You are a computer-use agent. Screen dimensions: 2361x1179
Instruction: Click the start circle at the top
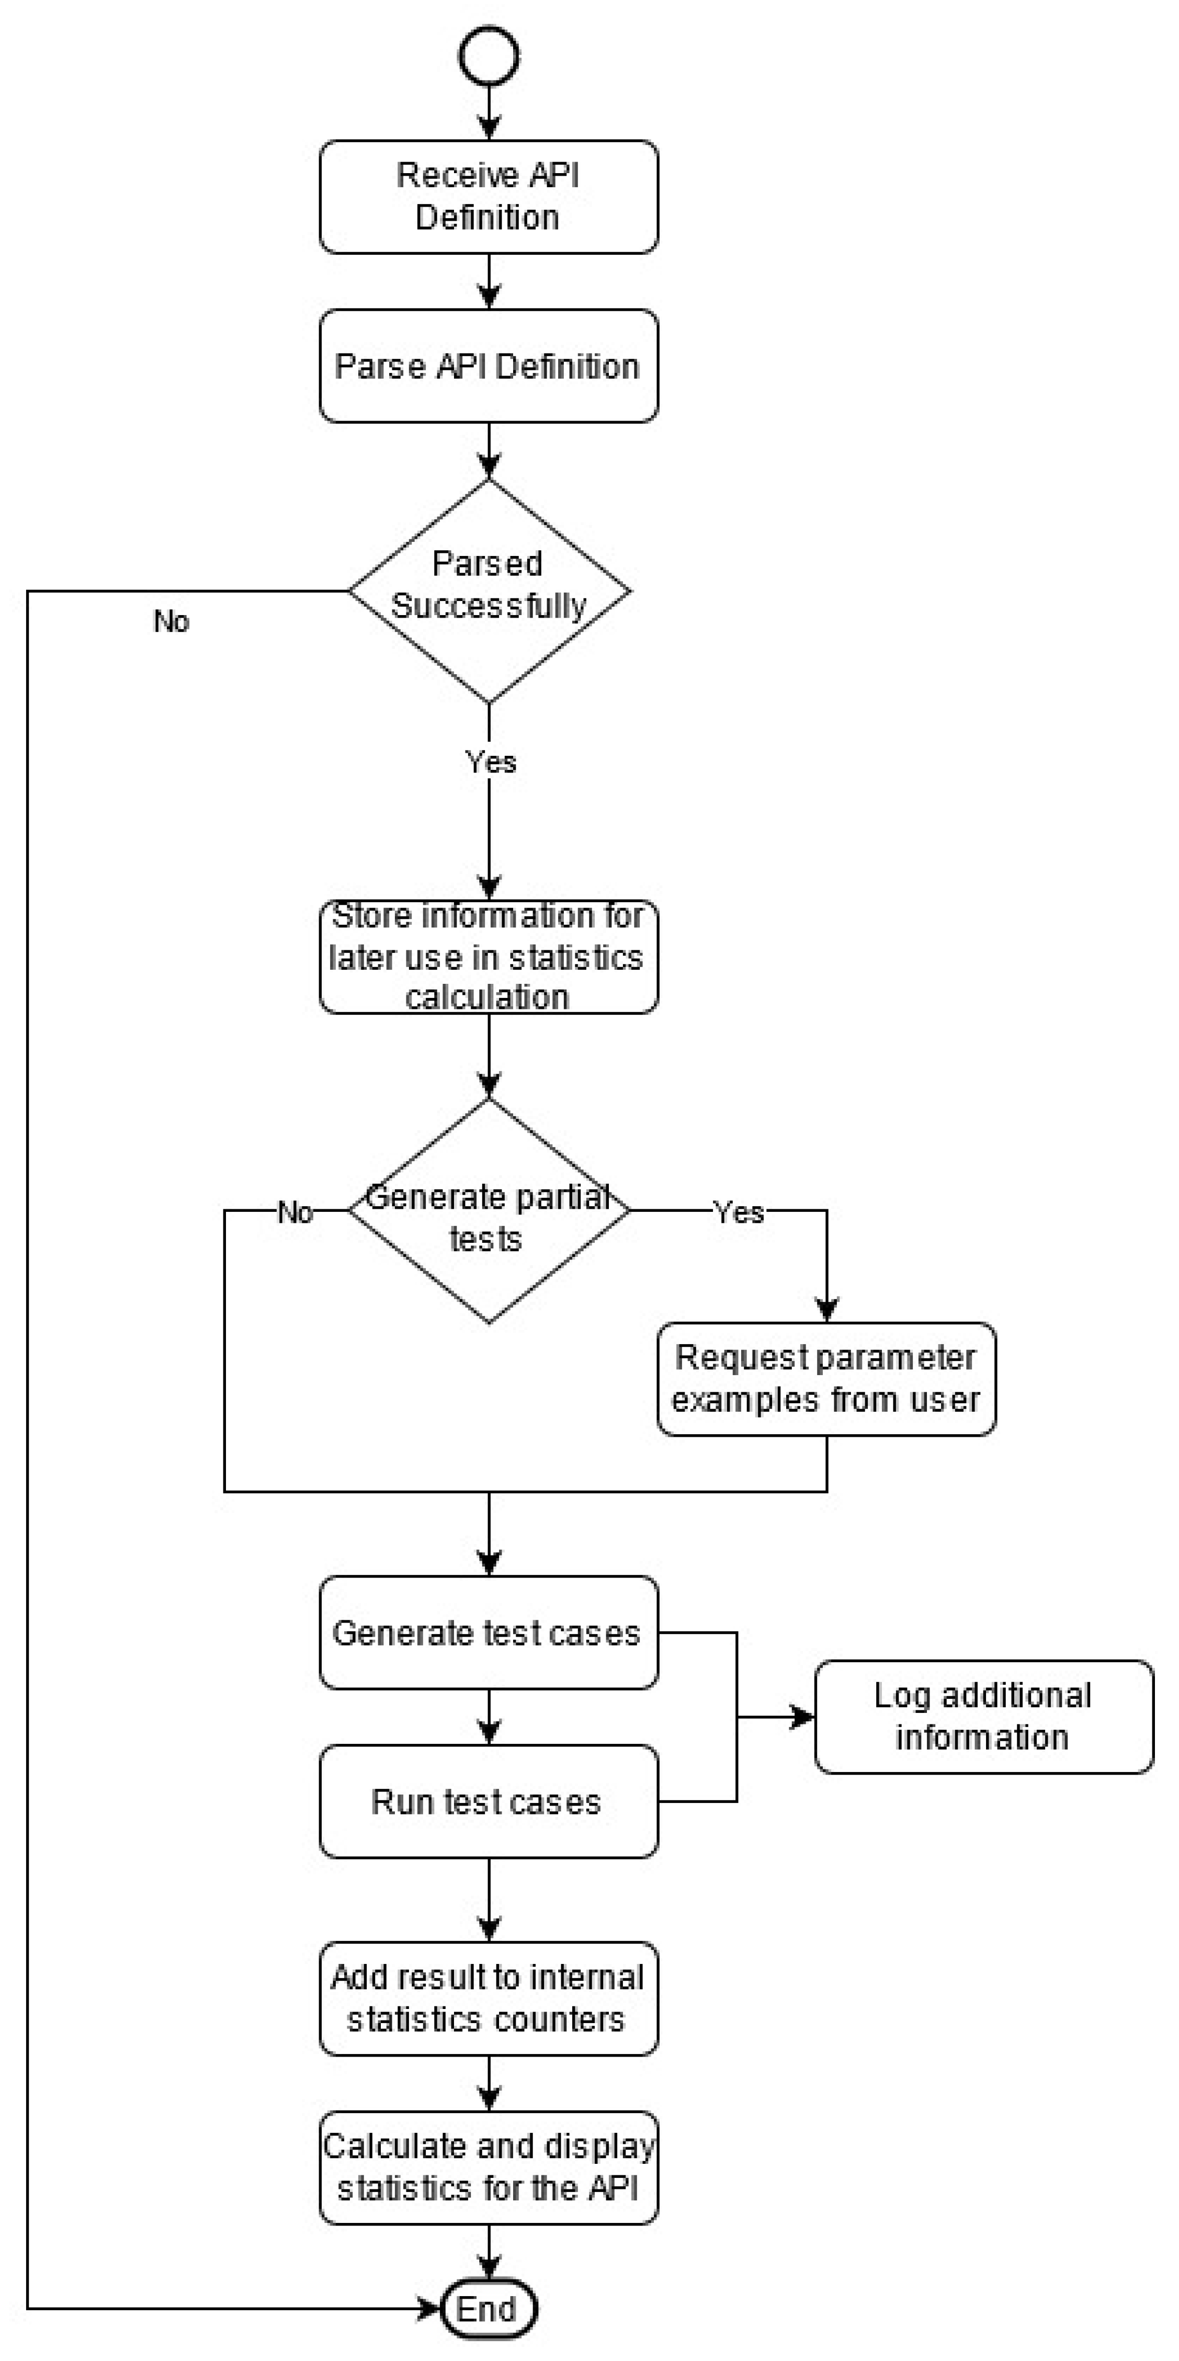[x=489, y=56]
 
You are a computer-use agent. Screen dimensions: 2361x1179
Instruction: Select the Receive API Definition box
[x=489, y=197]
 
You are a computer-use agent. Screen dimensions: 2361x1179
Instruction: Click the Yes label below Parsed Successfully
[x=491, y=762]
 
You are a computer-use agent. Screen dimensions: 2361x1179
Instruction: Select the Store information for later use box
[x=489, y=956]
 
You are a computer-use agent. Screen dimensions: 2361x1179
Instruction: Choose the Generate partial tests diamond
[x=489, y=1211]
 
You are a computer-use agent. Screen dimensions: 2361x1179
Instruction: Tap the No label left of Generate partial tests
[x=295, y=1212]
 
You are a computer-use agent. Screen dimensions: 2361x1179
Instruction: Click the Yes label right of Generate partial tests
[x=739, y=1212]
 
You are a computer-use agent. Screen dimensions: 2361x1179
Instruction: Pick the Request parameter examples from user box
[x=826, y=1379]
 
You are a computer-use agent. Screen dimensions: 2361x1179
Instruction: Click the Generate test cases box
[x=489, y=1633]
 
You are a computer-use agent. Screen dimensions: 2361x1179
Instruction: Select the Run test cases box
[x=489, y=1802]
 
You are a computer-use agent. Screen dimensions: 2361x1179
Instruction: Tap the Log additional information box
[x=984, y=1717]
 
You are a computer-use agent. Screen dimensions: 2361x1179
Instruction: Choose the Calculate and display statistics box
[x=489, y=2167]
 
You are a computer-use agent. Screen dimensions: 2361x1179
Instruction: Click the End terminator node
[x=489, y=2309]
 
